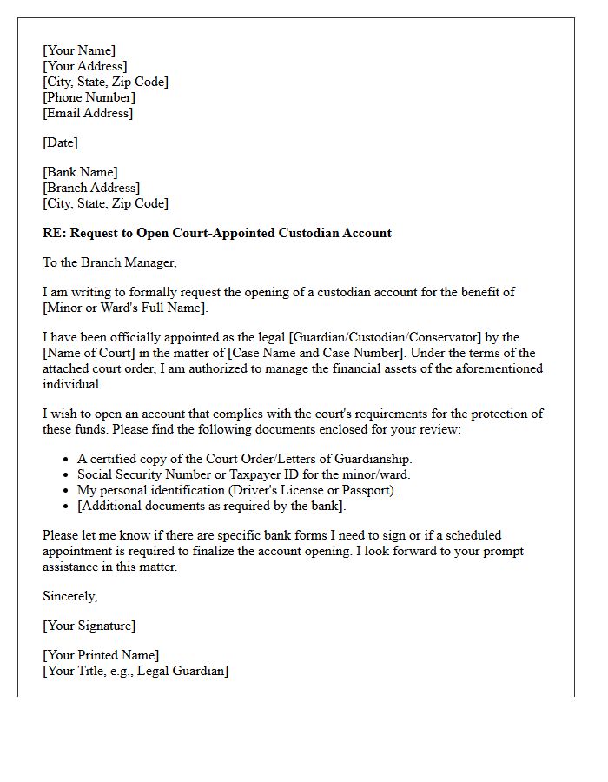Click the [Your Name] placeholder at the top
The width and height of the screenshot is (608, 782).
tap(79, 50)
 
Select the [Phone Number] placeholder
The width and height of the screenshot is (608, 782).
tap(89, 97)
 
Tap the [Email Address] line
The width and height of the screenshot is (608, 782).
tap(88, 113)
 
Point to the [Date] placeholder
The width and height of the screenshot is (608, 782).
tap(60, 142)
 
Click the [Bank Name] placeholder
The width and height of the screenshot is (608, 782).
tap(80, 172)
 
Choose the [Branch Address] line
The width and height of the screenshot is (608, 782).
tap(91, 188)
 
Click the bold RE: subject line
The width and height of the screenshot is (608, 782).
tap(217, 233)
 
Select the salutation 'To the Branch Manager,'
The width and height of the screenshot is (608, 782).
tap(109, 262)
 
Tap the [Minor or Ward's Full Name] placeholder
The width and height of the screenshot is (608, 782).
tap(126, 308)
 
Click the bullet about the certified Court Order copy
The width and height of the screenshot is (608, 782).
tap(245, 459)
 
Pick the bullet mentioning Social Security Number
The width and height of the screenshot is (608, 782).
tap(243, 474)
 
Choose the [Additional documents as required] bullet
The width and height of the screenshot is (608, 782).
tap(211, 506)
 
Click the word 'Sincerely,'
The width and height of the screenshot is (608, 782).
tap(70, 596)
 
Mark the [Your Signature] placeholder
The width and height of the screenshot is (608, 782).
tap(89, 626)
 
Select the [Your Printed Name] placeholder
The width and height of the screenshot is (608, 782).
tap(101, 655)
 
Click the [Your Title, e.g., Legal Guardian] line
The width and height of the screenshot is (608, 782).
tap(135, 671)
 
